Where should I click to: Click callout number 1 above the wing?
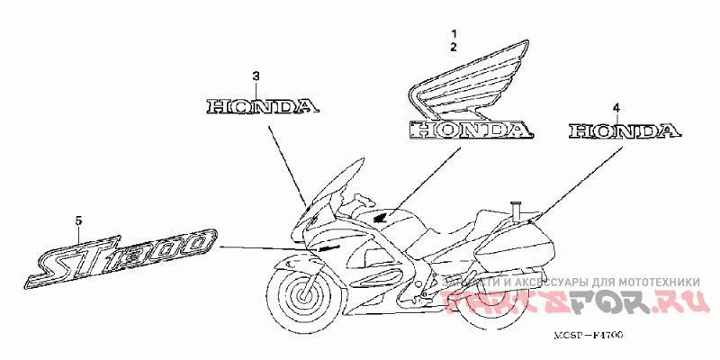[454, 32]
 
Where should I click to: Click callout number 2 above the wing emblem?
[454, 45]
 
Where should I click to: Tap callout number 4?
[616, 108]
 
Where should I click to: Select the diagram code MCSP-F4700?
[589, 335]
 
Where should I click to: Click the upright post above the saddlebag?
[516, 210]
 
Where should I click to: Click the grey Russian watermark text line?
[572, 283]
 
